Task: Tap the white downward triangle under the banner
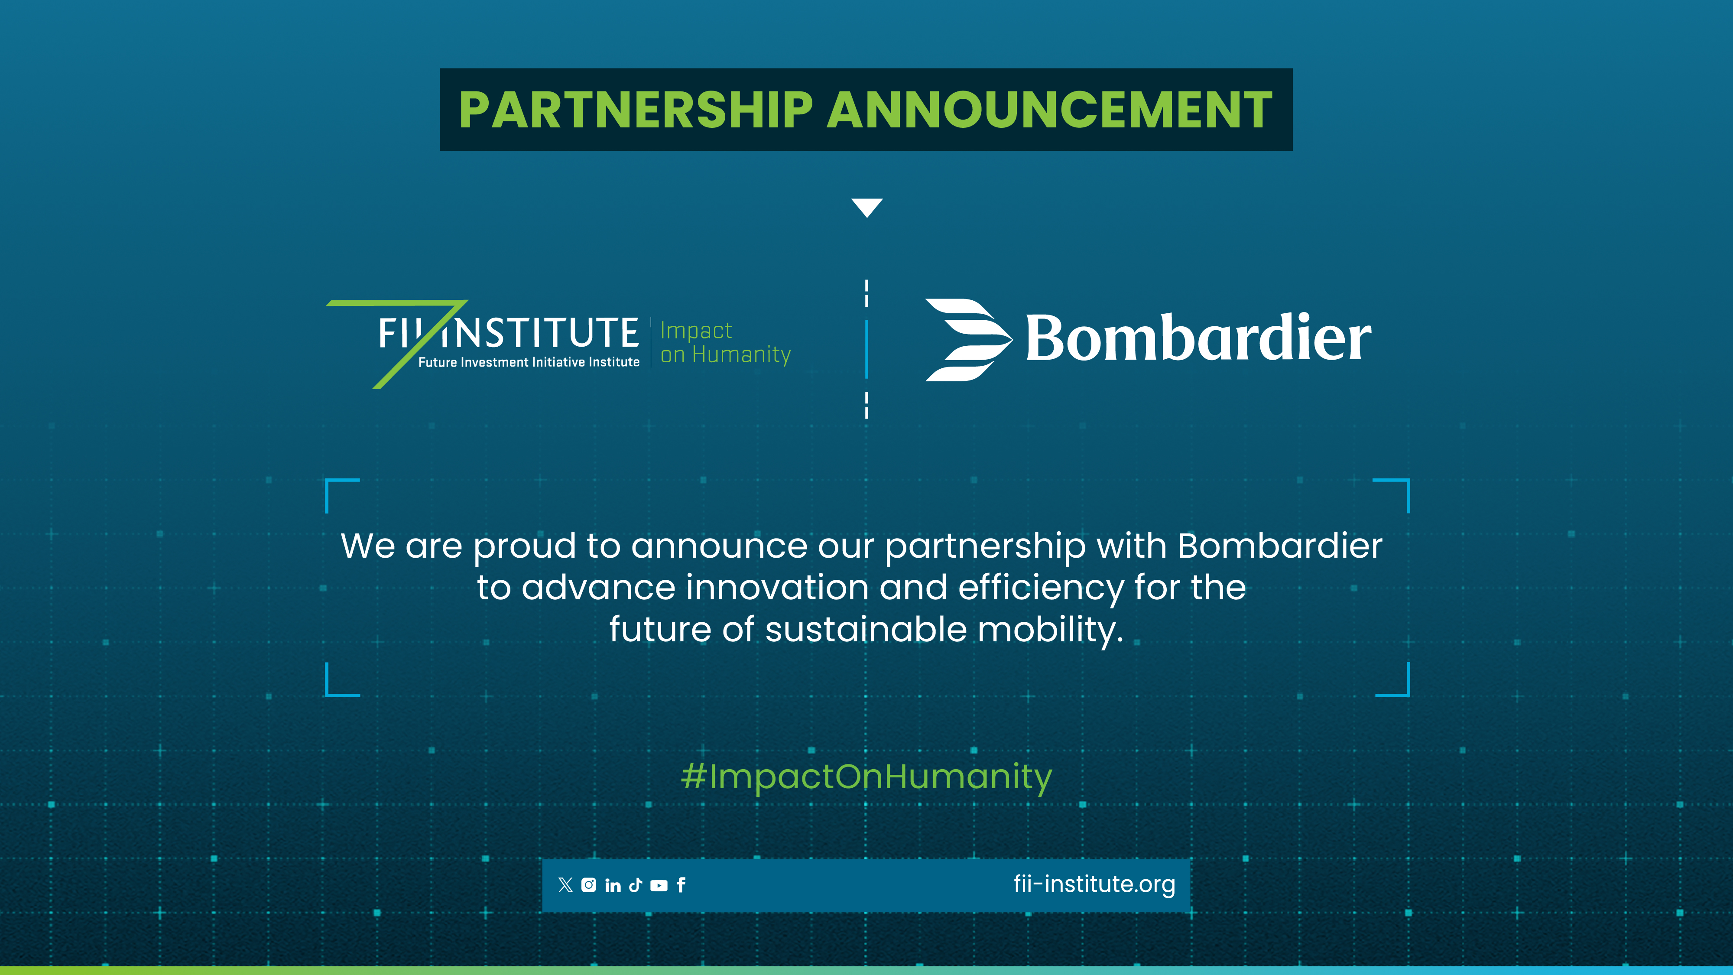pos(866,207)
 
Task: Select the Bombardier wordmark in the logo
pos(1198,338)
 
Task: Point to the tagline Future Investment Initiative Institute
pos(529,362)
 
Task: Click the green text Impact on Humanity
pos(725,342)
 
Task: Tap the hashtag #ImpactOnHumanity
pos(866,777)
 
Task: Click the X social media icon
pos(565,885)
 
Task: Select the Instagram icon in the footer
pos(589,885)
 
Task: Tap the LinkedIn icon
pos(612,885)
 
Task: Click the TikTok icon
pos(635,885)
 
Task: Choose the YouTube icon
pos(659,885)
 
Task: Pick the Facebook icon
pos(681,885)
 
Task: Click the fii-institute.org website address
pos(1094,884)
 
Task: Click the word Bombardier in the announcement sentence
pos(1279,546)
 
